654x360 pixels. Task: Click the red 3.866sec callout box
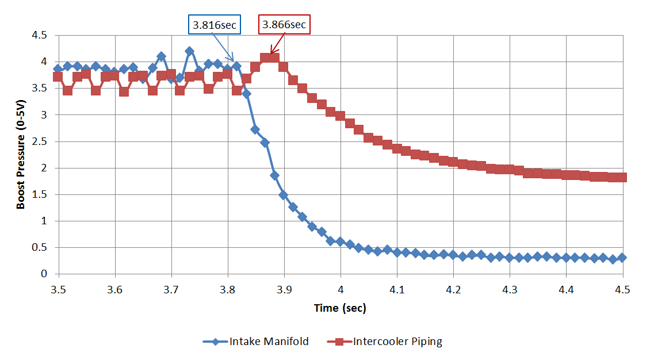click(284, 25)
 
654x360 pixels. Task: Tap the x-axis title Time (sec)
click(340, 308)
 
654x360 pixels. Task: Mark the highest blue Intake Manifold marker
click(189, 51)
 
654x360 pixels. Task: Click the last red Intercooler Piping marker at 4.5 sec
click(622, 177)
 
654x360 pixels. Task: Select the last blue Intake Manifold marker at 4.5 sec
click(622, 258)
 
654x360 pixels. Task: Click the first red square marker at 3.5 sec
click(58, 76)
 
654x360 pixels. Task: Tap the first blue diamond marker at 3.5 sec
click(58, 68)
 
